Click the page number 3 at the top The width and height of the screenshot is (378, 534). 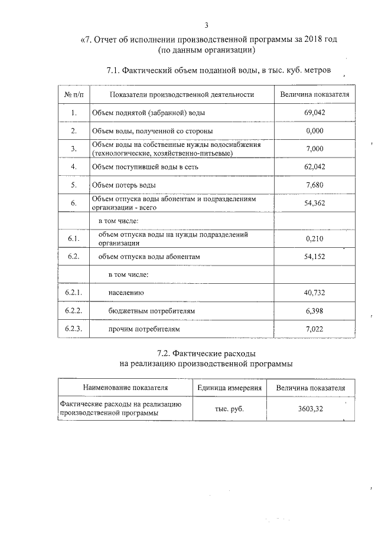pos(206,25)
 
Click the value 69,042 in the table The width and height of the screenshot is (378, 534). pos(315,112)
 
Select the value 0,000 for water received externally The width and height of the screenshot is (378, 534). pos(315,130)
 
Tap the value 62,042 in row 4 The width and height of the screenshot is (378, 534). pos(315,167)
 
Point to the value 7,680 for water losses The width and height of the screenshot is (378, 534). pos(315,185)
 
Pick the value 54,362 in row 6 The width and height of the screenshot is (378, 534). pos(315,204)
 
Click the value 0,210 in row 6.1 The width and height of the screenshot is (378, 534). pos(315,239)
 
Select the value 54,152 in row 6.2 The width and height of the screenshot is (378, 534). pos(315,257)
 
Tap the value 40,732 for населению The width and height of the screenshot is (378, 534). pos(315,293)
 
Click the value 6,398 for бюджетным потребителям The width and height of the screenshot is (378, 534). pos(315,310)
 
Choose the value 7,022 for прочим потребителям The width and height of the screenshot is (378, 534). pos(315,329)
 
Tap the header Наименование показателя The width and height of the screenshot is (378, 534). pos(125,388)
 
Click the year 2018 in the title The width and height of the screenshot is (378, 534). pos(315,40)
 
